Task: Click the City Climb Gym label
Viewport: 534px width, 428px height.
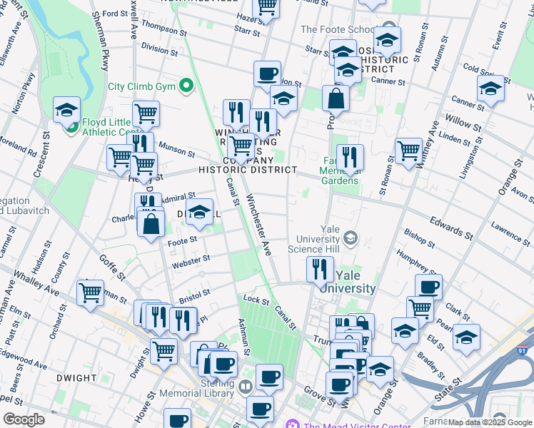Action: pos(141,87)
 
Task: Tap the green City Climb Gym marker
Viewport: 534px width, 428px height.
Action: pos(187,87)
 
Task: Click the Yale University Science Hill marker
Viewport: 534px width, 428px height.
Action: pos(351,238)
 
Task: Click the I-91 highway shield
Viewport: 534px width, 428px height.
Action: pos(523,350)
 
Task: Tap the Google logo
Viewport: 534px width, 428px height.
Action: pos(24,419)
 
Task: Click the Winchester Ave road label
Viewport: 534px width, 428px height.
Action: pos(259,225)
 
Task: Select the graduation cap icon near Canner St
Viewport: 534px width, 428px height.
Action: pos(490,91)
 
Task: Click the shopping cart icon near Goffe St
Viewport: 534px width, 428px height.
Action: pos(91,292)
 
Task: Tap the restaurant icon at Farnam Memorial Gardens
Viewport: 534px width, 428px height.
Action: pos(349,157)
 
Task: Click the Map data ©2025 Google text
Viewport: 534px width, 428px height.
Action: pos(490,422)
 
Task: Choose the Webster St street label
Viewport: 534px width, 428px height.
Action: pos(191,260)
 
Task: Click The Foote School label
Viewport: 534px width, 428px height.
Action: pos(336,29)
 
